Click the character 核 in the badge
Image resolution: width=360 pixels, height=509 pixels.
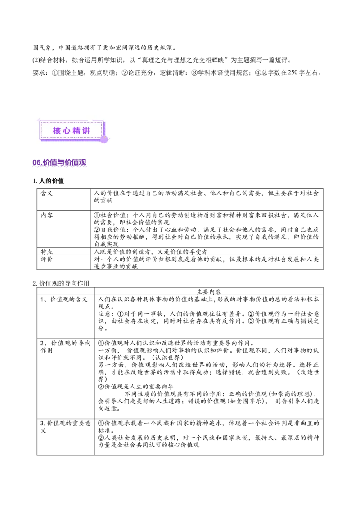coord(57,131)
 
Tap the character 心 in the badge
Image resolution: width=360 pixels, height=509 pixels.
coord(66,131)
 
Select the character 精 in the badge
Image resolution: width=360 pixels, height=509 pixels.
coord(76,131)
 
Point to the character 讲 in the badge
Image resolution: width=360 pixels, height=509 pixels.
coord(86,131)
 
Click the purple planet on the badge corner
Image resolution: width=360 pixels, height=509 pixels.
coord(104,139)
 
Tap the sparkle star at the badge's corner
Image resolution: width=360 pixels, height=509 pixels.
coord(39,120)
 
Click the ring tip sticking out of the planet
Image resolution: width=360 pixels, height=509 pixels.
coord(109,138)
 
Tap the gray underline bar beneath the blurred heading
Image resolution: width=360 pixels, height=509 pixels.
coord(59,167)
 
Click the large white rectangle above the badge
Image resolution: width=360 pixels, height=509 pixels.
coord(180,95)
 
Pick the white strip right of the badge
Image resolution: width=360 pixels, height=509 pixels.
coord(234,131)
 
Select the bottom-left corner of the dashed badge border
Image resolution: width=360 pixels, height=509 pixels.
coord(41,137)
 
